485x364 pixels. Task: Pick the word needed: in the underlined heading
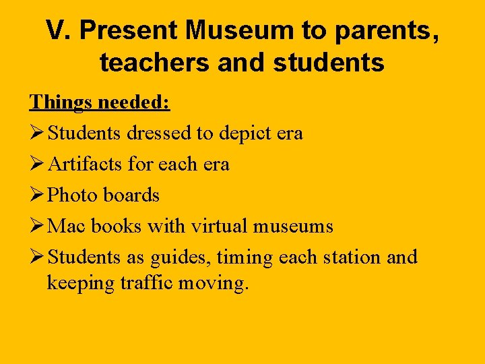(134, 102)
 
